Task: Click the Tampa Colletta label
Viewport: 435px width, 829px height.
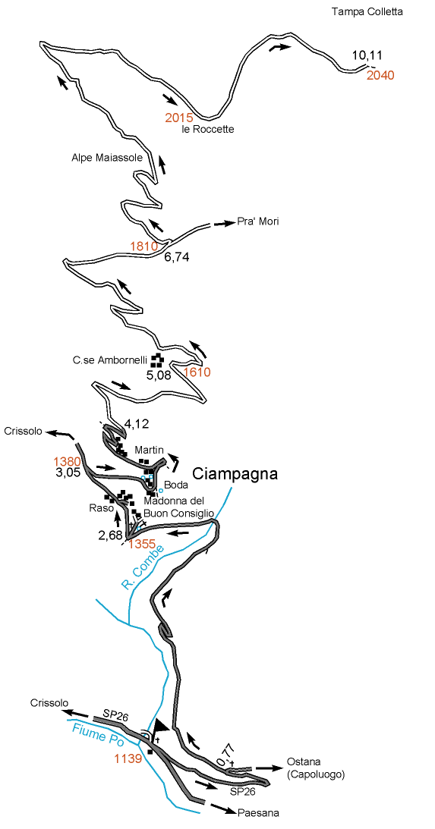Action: tap(367, 11)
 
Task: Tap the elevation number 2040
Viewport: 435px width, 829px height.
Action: tap(380, 75)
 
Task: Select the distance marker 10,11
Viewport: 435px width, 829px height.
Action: tap(367, 55)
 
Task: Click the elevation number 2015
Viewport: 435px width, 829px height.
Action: tap(179, 118)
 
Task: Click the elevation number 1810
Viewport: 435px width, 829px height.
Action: tap(143, 246)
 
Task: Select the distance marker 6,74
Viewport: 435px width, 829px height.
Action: tap(176, 257)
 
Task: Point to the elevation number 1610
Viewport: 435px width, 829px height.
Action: tap(197, 372)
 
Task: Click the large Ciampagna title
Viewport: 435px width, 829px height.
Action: tap(235, 474)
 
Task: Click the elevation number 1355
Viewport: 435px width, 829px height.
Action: tap(143, 544)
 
